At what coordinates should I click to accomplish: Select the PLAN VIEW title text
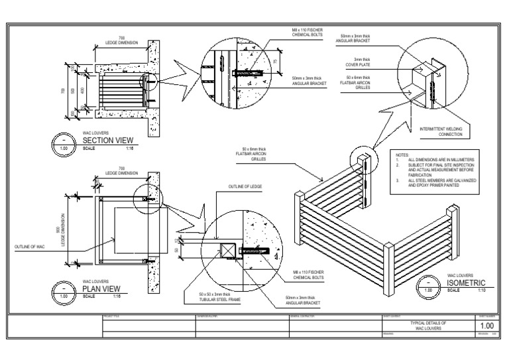point(101,289)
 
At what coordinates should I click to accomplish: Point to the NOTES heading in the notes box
point(402,154)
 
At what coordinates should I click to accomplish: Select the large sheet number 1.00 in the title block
point(486,326)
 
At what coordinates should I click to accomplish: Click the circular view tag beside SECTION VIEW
point(64,144)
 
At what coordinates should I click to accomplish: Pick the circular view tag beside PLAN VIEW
point(64,292)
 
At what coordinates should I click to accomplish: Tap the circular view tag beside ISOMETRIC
point(427,286)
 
